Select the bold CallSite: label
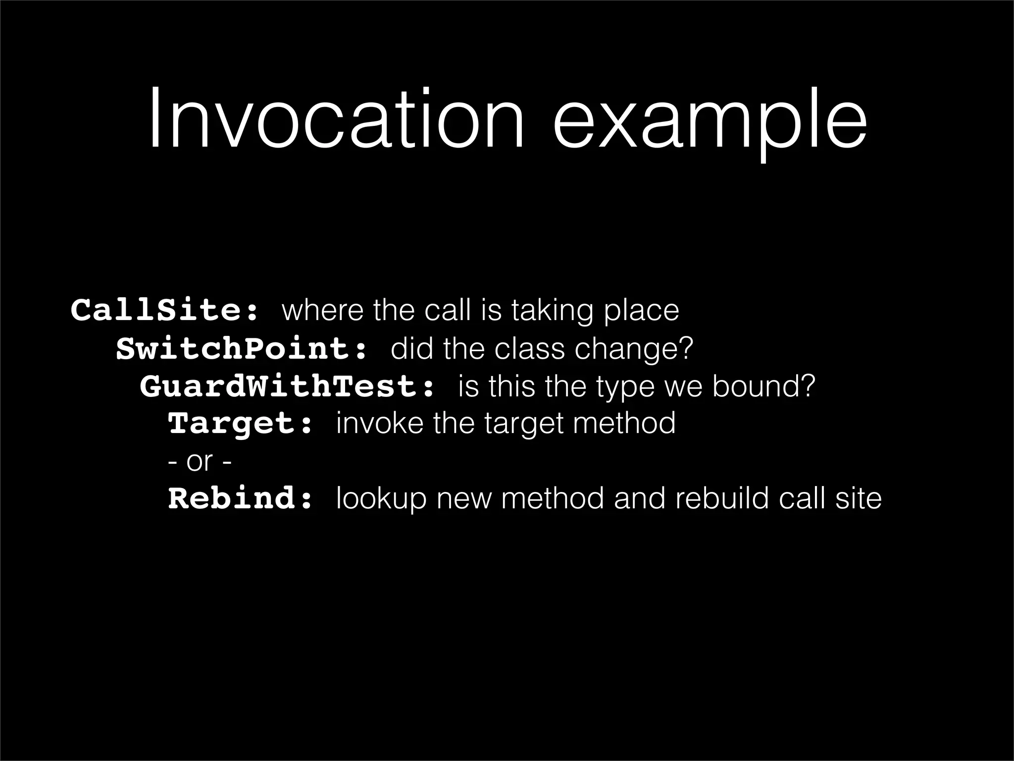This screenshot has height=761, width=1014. tap(165, 311)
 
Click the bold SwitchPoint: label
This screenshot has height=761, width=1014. tap(242, 349)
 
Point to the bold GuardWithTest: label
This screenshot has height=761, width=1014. tap(287, 386)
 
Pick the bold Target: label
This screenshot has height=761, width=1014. tap(241, 424)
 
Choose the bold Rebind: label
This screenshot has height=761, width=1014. tap(241, 498)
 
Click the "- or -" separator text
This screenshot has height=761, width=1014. tap(200, 462)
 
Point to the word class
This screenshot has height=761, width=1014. tap(529, 349)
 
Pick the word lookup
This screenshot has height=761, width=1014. tap(381, 499)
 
